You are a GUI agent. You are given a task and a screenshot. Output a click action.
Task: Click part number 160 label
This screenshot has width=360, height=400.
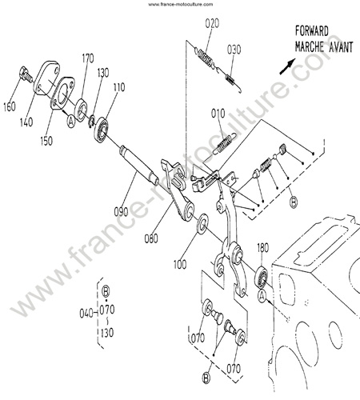(10, 107)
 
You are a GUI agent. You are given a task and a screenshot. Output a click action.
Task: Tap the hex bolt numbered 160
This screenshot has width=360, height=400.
(26, 74)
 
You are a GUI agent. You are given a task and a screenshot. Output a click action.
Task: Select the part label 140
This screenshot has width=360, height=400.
(26, 122)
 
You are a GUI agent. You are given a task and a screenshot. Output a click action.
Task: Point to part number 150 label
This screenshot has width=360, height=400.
(46, 141)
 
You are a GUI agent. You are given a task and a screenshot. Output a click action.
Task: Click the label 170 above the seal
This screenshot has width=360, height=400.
(88, 58)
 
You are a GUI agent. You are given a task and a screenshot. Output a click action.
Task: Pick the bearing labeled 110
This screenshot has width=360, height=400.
(101, 130)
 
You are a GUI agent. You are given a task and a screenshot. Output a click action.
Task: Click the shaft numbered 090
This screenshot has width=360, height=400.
(139, 166)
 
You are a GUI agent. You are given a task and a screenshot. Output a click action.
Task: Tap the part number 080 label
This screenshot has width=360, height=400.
(151, 238)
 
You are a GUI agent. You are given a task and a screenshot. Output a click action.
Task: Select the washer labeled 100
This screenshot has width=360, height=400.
(202, 223)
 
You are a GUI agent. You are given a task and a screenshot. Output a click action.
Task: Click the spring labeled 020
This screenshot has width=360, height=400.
(206, 58)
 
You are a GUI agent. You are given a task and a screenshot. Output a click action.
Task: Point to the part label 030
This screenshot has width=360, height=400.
(234, 50)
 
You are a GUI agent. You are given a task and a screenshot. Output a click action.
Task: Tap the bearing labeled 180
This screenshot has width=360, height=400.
(262, 278)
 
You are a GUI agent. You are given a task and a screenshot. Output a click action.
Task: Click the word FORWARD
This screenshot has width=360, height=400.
(311, 31)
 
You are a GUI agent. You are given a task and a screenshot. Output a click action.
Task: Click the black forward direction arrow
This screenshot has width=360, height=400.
(287, 66)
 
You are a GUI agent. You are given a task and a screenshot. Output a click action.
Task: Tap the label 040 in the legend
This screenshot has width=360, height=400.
(86, 314)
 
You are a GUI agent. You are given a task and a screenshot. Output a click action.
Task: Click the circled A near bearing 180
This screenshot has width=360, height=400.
(262, 296)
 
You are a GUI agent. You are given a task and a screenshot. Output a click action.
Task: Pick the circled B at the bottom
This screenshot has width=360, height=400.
(206, 378)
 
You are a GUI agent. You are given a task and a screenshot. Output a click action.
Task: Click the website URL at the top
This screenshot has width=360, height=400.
(181, 4)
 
